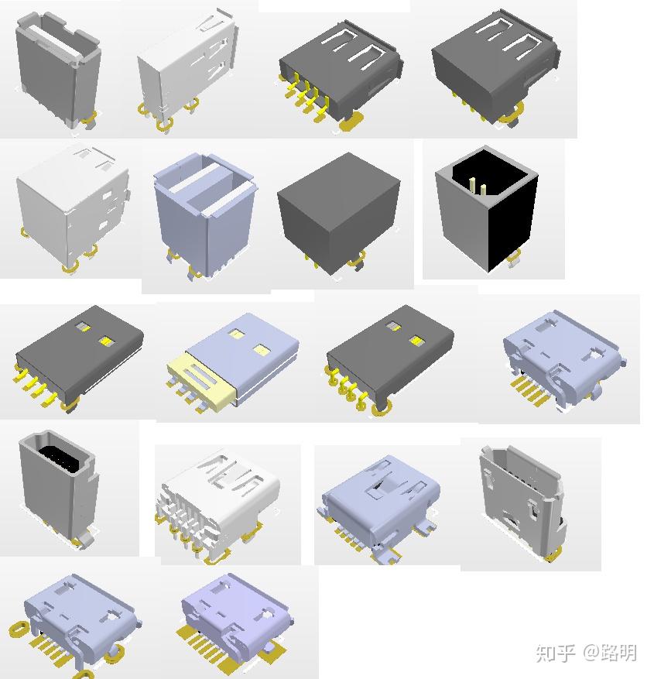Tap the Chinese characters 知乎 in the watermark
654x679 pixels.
coord(555,652)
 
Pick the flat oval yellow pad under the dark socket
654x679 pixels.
coord(351,121)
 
